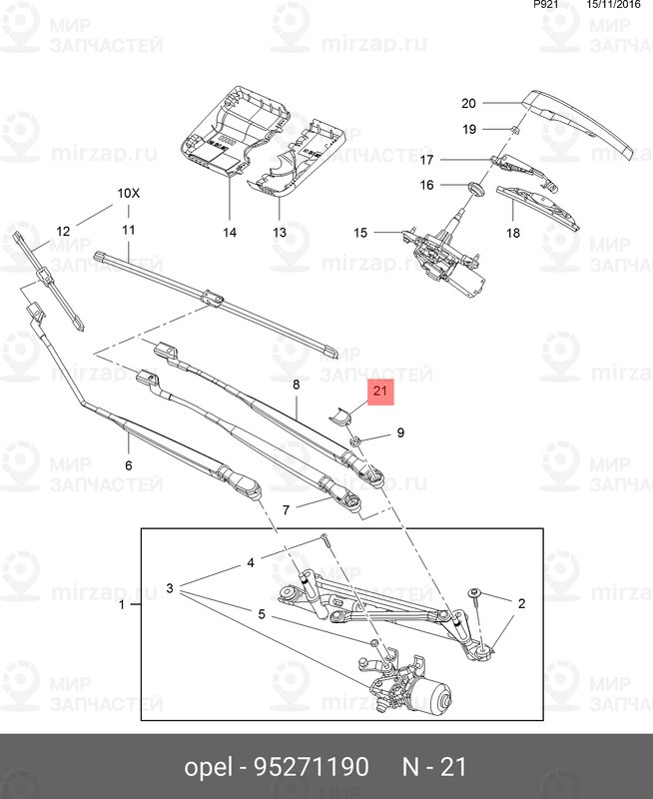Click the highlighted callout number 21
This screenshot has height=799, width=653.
coord(380,393)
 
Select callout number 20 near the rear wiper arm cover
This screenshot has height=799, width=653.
coord(468,103)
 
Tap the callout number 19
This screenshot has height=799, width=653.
coord(468,130)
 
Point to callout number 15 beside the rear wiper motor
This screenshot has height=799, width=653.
coord(360,234)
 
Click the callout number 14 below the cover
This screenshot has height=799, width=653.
coord(229,232)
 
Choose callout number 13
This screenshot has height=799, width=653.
coord(280,232)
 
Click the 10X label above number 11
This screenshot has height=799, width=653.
coord(130,193)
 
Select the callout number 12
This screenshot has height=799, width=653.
coord(63,231)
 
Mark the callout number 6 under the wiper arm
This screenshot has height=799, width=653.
coord(128,465)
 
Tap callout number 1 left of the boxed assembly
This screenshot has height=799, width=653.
coord(122,605)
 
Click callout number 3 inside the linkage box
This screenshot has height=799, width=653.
coord(171,588)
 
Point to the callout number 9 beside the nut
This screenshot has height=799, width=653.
coord(400,432)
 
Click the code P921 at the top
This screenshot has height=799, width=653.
coord(547,5)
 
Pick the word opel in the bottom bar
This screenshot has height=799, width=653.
coord(207,767)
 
